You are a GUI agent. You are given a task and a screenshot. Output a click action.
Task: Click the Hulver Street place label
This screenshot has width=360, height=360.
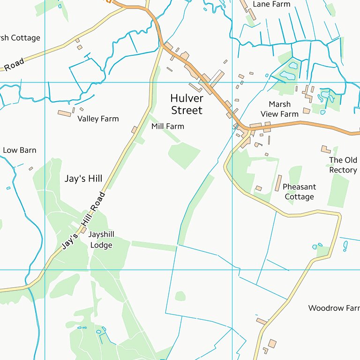tap(187, 105)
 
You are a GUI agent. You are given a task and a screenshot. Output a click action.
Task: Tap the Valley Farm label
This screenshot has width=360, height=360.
tap(98, 119)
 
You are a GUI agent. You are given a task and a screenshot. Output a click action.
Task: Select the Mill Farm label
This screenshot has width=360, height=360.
tap(167, 127)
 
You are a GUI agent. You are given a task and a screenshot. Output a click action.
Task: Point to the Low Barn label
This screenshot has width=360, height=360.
tap(19, 150)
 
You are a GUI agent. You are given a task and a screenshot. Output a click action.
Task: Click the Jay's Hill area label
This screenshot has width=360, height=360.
tap(83, 179)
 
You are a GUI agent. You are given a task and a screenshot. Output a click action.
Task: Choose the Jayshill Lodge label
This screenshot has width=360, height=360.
tap(101, 240)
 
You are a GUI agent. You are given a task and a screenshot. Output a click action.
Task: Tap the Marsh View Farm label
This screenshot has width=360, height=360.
tap(279, 109)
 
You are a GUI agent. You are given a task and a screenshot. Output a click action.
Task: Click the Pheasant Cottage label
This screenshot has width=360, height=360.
tap(299, 192)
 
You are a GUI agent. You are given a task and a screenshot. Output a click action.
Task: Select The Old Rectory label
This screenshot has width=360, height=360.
tap(343, 165)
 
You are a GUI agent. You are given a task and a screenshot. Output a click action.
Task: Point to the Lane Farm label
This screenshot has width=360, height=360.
tap(271, 4)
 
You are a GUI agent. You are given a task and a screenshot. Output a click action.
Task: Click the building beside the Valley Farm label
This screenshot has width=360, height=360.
tap(64, 113)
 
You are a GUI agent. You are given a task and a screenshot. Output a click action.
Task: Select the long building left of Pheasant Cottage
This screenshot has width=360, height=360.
tap(278, 183)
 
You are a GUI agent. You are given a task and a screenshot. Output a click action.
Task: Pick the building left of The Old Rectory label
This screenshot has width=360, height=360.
tap(325, 150)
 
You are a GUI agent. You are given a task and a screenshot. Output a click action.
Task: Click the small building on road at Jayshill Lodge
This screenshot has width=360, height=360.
tap(84, 230)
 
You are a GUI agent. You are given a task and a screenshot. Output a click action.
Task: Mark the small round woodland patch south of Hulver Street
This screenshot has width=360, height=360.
tap(180, 296)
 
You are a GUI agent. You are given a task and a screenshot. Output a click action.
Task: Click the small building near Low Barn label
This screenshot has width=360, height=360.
tap(31, 169)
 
